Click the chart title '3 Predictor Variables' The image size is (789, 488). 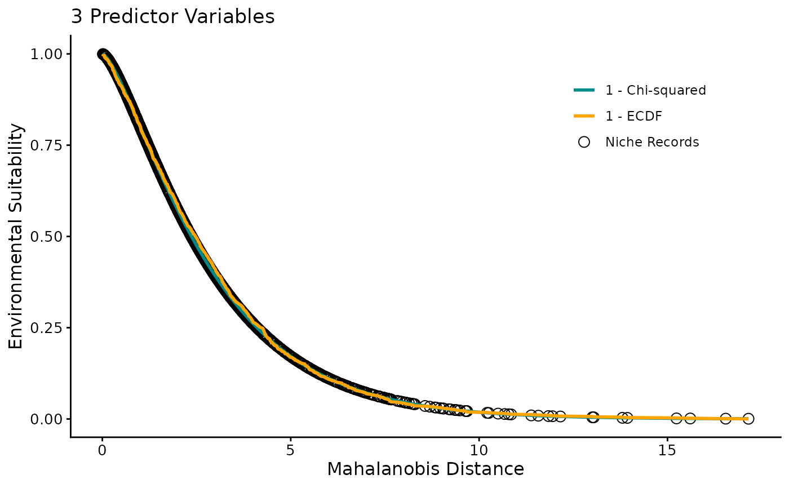tap(172, 17)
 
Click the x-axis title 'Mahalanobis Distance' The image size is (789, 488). tap(425, 469)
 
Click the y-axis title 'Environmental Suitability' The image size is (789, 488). tap(16, 236)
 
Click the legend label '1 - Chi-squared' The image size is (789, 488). tap(655, 90)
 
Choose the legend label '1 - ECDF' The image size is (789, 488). tap(633, 117)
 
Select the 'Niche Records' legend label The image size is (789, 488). tap(652, 143)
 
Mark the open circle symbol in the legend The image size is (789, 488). tap(584, 143)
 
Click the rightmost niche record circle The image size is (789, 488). tap(748, 419)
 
